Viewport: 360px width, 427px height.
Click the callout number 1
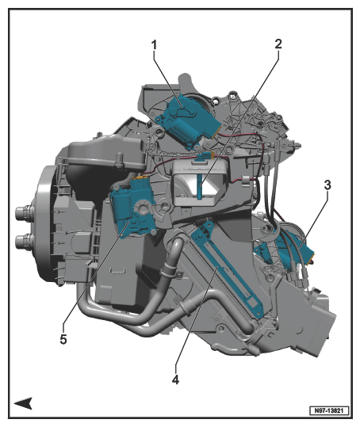pyautogui.click(x=155, y=45)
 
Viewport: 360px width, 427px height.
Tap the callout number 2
pyautogui.click(x=278, y=44)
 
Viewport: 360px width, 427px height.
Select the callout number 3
pyautogui.click(x=327, y=185)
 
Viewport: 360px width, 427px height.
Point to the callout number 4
pyautogui.click(x=175, y=379)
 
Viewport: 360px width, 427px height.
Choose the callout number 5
pyautogui.click(x=63, y=340)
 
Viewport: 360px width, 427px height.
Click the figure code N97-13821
pyautogui.click(x=329, y=410)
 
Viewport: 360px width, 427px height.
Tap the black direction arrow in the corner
pyautogui.click(x=23, y=402)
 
